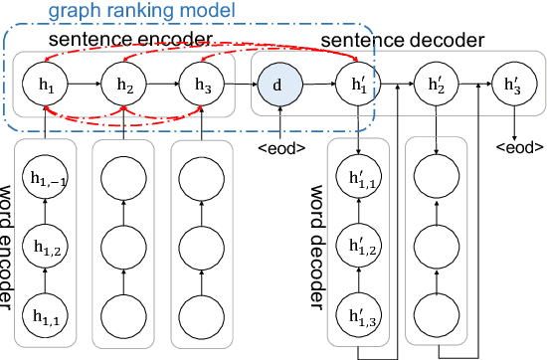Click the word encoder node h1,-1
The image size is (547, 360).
point(47,179)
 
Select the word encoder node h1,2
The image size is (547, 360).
point(47,246)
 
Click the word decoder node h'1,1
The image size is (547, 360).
point(356,179)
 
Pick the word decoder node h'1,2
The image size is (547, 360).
point(356,246)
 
